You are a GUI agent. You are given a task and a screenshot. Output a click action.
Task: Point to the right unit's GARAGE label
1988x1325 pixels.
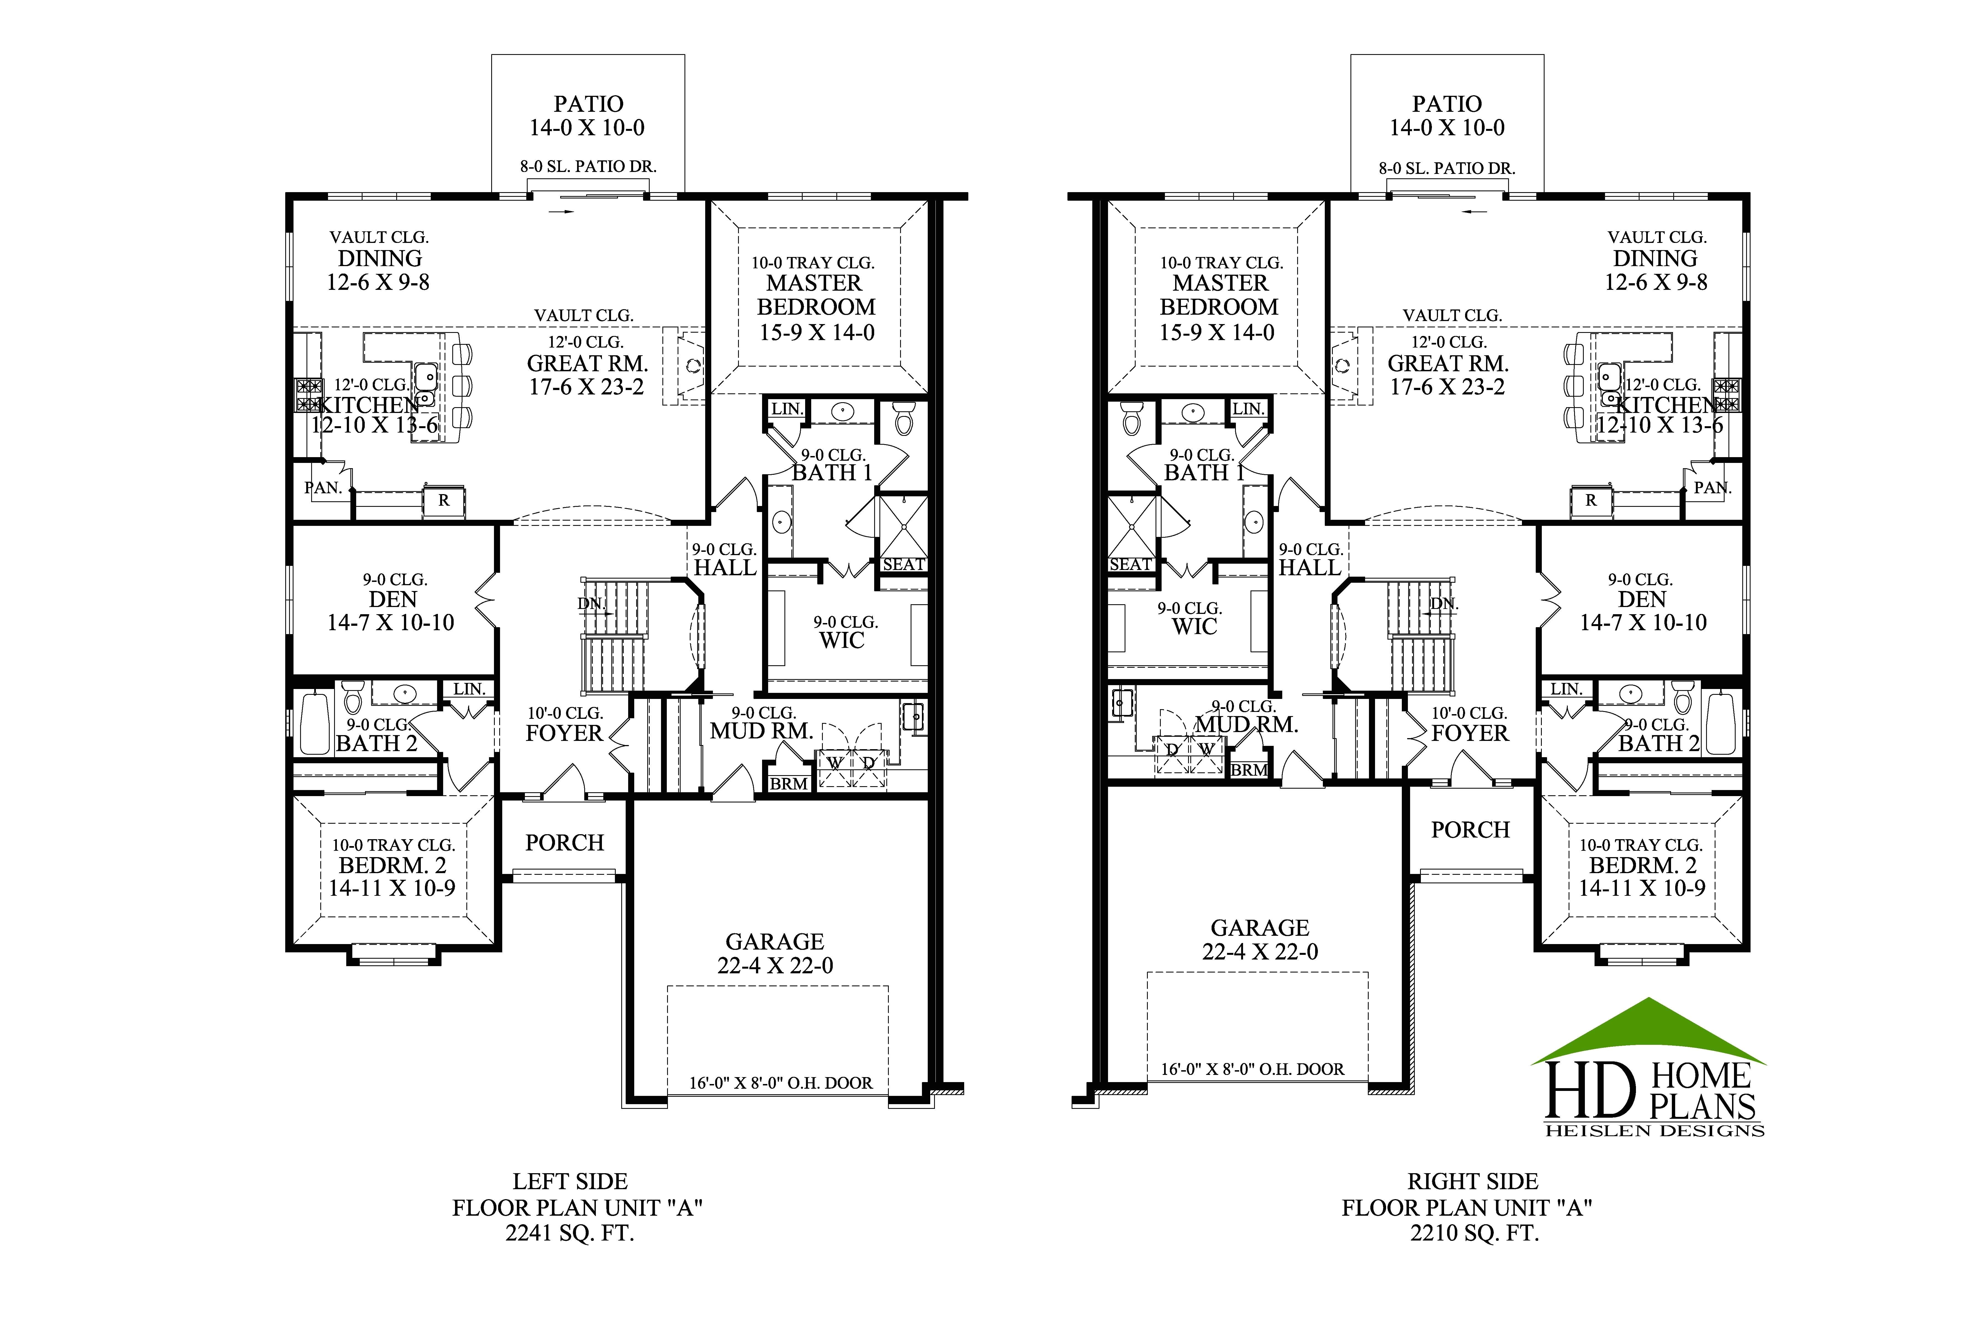click(1259, 928)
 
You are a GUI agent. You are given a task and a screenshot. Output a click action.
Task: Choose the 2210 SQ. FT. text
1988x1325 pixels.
click(1474, 1234)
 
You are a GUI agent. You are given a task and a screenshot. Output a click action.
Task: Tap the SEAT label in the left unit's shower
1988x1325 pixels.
click(903, 565)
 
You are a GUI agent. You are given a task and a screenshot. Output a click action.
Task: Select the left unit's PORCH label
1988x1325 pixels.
click(565, 842)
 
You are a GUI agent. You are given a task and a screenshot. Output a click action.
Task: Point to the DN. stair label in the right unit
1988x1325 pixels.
click(1444, 604)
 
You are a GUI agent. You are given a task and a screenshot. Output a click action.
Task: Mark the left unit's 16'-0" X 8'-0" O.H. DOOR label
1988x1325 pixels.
click(780, 1083)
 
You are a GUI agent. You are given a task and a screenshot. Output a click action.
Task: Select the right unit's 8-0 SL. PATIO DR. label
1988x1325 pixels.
click(1447, 168)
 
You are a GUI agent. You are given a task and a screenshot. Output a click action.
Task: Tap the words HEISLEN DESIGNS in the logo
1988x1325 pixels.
click(1654, 1131)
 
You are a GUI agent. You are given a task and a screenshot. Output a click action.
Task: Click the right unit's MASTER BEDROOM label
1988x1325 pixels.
click(1220, 295)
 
